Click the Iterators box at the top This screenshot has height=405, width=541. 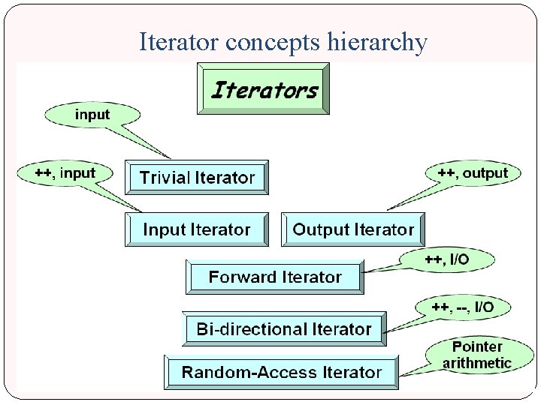click(263, 88)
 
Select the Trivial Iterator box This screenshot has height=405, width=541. click(197, 178)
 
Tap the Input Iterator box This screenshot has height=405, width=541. click(197, 229)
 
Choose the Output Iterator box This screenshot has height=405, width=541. click(353, 229)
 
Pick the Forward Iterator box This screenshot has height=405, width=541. click(275, 277)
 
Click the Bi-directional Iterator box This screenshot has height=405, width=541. click(284, 328)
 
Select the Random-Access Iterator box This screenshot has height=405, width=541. click(282, 372)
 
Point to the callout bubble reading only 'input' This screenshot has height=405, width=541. click(92, 115)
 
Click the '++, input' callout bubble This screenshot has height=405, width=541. click(65, 173)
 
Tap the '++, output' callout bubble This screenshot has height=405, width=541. click(473, 173)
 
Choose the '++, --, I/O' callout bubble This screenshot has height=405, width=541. click(462, 307)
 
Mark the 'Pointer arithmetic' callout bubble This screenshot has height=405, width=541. click(476, 355)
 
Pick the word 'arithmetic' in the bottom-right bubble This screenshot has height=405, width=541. click(476, 364)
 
